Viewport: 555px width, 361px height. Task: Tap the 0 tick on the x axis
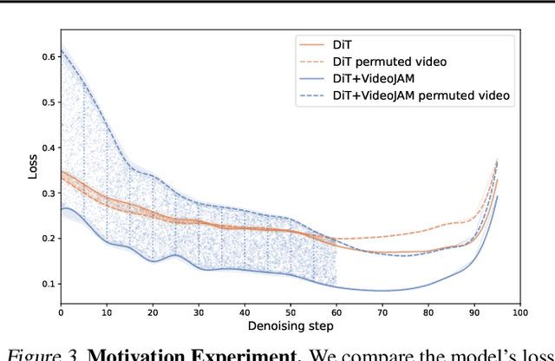click(61, 311)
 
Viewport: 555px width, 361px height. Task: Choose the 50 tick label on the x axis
click(290, 311)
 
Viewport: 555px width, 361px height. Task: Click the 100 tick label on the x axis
click(519, 311)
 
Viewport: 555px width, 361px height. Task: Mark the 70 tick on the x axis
click(382, 311)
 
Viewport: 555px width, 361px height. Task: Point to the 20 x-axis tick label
click(153, 311)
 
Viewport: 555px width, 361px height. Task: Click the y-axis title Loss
click(32, 166)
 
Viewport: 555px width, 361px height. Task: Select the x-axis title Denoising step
click(289, 326)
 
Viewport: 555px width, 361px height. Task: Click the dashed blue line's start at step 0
click(61, 52)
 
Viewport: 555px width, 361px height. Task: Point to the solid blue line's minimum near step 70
click(382, 290)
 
